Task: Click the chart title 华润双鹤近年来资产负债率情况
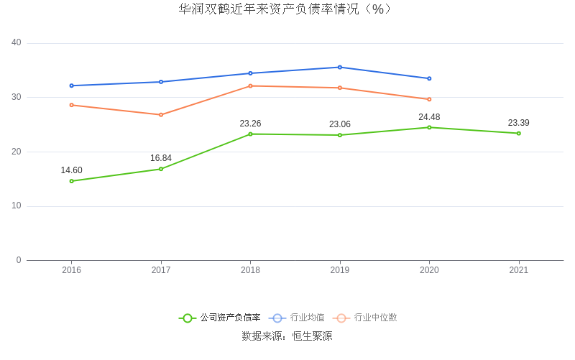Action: point(287,9)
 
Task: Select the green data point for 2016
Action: point(71,181)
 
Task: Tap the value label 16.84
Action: point(161,158)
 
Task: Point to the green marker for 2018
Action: point(250,134)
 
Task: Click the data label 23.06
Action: point(340,124)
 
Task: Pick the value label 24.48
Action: point(429,117)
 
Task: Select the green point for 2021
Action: point(518,133)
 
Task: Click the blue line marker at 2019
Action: point(340,68)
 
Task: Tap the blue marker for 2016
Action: point(71,86)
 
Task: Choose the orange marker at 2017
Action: point(161,115)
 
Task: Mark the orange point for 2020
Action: point(429,99)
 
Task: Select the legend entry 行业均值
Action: point(307,318)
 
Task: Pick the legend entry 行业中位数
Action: point(374,318)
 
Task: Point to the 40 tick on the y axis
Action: point(17,43)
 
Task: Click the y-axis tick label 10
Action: point(17,206)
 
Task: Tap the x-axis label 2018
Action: point(250,270)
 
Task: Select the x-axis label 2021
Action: point(518,270)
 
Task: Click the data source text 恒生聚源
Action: point(312,336)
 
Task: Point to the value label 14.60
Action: point(71,170)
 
